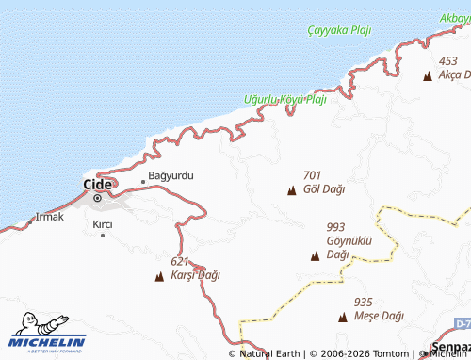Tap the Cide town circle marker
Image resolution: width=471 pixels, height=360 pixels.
(97, 198)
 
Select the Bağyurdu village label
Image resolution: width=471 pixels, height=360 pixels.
(171, 176)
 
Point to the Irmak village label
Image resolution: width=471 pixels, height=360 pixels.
(49, 217)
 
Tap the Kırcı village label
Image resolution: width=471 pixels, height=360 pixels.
(103, 223)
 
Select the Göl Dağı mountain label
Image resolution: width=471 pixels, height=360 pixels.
(324, 188)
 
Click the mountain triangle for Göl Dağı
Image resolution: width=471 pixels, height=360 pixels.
(291, 191)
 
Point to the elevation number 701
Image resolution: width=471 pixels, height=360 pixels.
(313, 175)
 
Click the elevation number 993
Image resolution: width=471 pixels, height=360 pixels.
(335, 227)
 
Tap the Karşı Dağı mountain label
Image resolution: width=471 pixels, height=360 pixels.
(195, 275)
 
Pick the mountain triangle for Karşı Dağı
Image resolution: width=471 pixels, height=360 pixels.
(158, 277)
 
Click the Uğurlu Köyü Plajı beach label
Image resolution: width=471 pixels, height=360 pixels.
(285, 99)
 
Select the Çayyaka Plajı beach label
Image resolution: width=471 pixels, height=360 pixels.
(339, 30)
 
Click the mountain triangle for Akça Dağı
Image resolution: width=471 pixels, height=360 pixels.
(428, 76)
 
